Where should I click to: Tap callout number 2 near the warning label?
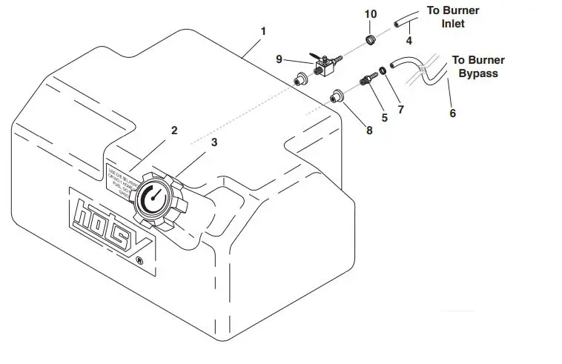[174, 130]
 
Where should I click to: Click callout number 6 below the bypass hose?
[452, 113]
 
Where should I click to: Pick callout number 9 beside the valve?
[280, 60]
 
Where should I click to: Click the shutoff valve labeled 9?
[323, 68]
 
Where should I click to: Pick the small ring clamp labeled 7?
[382, 72]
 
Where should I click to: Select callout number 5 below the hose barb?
[384, 116]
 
